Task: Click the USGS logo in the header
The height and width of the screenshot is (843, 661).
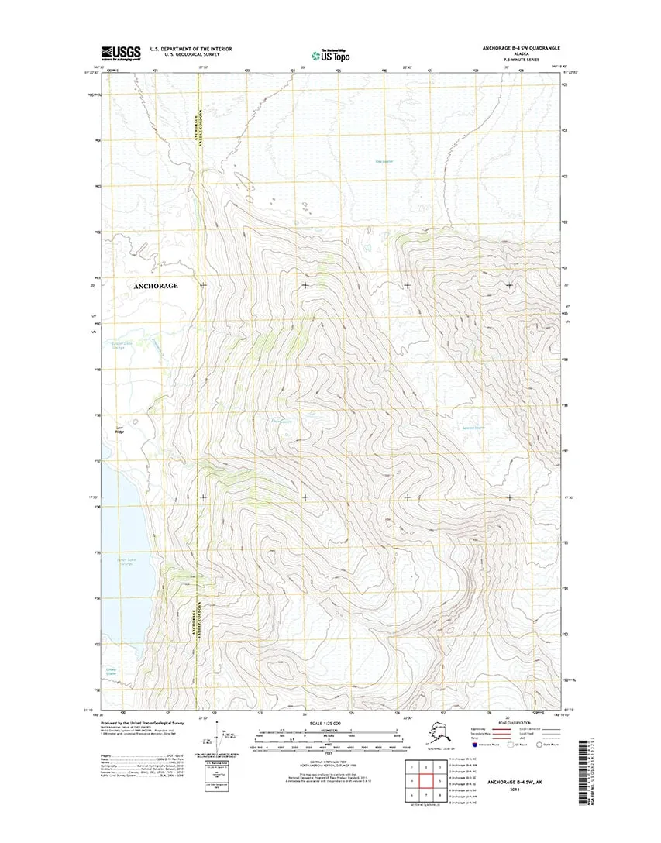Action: click(x=120, y=53)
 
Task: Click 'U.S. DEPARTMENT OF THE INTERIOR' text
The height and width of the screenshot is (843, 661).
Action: click(x=191, y=48)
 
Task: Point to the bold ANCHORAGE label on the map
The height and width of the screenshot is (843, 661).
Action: click(x=156, y=286)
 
